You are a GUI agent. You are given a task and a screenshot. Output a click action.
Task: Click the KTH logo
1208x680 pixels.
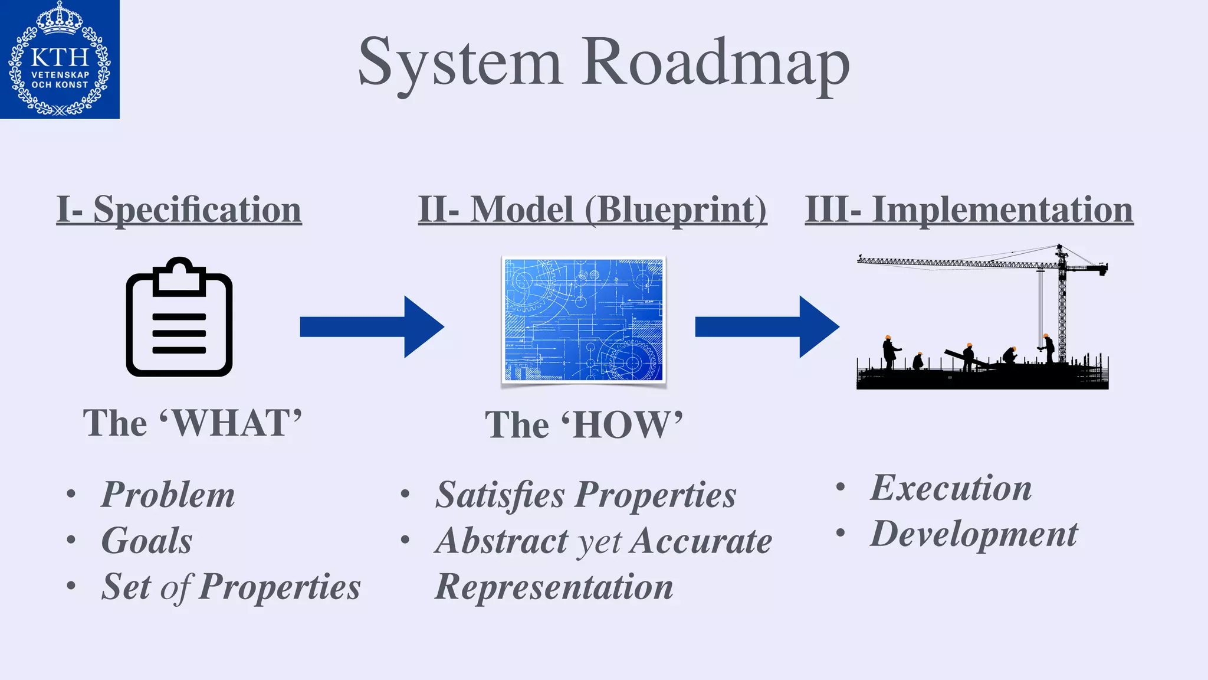coord(60,59)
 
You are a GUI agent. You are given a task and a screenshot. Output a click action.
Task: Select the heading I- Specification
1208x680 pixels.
coord(179,210)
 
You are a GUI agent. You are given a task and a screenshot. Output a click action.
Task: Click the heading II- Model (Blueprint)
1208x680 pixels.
coord(592,210)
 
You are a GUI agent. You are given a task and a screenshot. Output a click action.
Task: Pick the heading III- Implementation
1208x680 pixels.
coord(969,210)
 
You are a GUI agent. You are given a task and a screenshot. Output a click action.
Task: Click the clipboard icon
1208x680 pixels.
coord(179,318)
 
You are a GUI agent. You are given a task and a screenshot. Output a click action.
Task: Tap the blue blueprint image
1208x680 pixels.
coord(583,320)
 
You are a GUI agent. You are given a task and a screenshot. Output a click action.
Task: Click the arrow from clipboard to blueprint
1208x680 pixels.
coord(372,326)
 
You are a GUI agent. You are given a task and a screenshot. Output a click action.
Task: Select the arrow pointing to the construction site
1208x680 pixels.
coord(767,326)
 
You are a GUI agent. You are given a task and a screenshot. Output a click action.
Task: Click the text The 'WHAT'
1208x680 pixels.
coord(192,423)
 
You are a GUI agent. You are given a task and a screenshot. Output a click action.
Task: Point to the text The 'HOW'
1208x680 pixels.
coord(583,425)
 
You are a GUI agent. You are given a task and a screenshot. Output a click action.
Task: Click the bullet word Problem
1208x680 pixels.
coord(168,495)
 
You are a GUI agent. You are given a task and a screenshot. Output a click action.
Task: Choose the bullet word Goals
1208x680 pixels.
coord(147,541)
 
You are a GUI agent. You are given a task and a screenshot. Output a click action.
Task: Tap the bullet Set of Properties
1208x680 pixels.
coord(231,587)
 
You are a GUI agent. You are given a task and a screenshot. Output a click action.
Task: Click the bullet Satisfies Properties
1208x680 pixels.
coord(586,495)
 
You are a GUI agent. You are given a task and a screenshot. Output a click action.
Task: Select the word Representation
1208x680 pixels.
coord(554,587)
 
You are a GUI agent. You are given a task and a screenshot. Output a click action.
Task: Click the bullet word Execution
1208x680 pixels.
coord(951,488)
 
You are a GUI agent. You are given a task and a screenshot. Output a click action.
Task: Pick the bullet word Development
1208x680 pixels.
coord(974,534)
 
